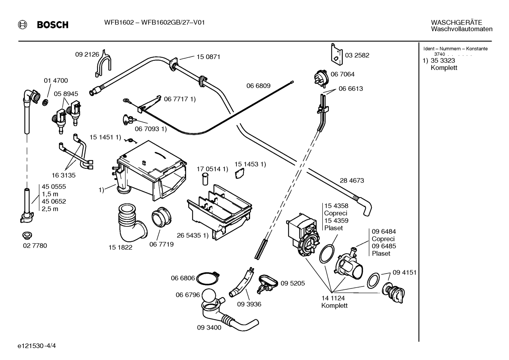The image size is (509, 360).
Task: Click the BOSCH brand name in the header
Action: tap(53, 25)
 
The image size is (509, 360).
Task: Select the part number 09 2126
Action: tap(87, 54)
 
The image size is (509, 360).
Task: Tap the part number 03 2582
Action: tap(357, 55)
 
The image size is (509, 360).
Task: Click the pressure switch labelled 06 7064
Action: tap(321, 78)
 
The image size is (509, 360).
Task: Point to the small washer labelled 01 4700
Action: tap(46, 102)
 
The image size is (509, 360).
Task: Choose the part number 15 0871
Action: tap(208, 57)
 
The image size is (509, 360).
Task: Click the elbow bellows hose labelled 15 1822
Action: tap(132, 223)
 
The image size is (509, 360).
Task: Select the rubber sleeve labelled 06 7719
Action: tap(161, 217)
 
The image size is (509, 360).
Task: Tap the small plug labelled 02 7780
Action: tap(27, 236)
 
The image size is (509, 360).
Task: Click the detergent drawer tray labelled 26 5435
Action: tap(220, 213)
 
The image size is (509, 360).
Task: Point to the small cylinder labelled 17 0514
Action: tap(205, 179)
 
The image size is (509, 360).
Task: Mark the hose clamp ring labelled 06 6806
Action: tap(208, 278)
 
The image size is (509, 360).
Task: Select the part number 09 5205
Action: tap(293, 283)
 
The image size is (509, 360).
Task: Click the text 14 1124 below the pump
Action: tap(333, 298)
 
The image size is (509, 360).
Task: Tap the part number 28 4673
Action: tap(352, 181)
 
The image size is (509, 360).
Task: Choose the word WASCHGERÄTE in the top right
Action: tap(456, 23)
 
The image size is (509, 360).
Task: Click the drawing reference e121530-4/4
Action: tap(37, 346)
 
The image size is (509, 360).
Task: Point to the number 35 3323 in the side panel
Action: tap(443, 60)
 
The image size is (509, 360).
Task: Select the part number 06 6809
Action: tap(258, 86)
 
